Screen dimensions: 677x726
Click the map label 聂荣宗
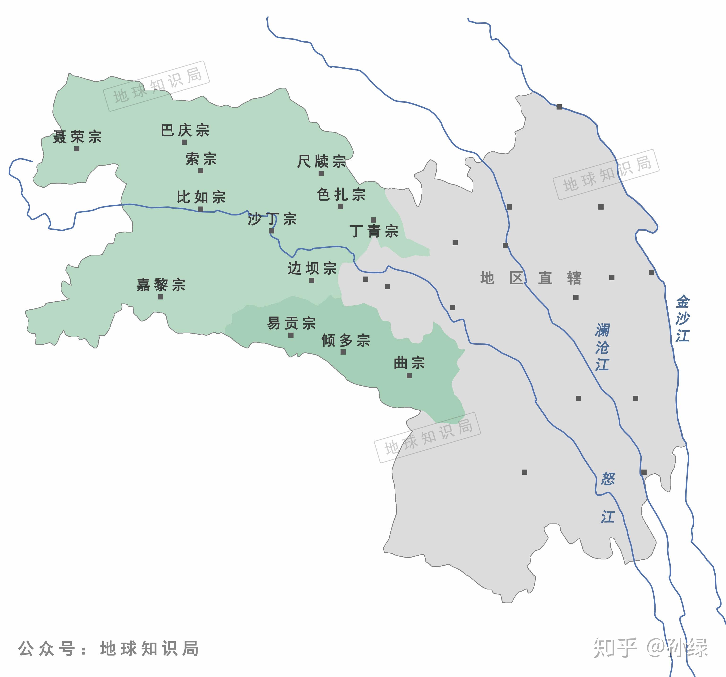[77, 137]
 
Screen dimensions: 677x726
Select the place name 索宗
[201, 159]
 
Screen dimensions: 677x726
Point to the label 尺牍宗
[321, 161]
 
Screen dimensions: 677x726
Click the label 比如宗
[201, 197]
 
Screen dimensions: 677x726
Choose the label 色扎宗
[341, 194]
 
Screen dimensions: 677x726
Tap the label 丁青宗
[374, 231]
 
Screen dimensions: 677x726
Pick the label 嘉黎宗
[161, 285]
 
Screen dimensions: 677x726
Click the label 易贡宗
[291, 323]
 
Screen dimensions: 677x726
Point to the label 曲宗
[409, 363]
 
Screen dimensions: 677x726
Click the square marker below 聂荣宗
[77, 149]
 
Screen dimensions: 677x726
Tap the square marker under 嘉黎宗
[160, 297]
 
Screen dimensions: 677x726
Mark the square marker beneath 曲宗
[409, 375]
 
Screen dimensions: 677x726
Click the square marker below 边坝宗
[311, 280]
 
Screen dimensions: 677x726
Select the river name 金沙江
[682, 319]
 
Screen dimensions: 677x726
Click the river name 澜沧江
[602, 347]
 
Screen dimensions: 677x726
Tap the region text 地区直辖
[530, 278]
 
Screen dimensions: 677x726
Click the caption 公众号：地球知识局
[108, 648]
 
